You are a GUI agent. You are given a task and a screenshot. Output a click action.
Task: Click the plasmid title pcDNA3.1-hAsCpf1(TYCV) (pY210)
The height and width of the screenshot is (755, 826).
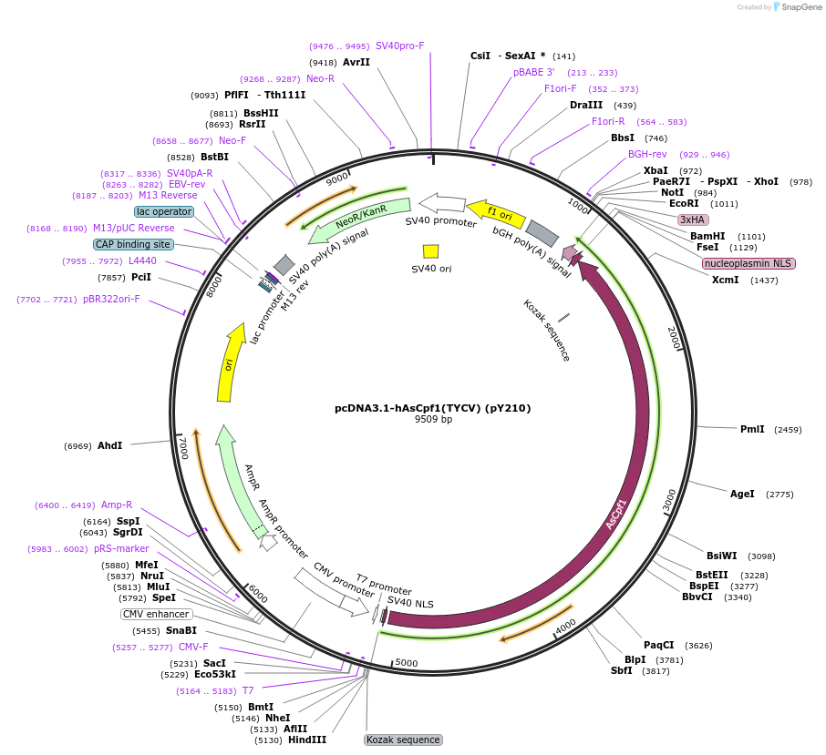pos(432,408)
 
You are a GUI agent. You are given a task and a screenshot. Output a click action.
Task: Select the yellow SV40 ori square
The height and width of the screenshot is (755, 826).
pos(431,250)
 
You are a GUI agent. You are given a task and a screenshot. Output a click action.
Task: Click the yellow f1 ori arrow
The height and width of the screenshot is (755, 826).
pos(496,214)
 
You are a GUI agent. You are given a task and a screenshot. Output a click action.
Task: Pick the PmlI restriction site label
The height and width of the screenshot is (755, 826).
pos(752,429)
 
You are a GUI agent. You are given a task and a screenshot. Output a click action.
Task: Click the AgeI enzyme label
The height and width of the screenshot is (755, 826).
pos(742,494)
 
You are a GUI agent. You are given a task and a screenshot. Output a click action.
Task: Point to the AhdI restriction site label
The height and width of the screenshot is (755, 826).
pos(109,445)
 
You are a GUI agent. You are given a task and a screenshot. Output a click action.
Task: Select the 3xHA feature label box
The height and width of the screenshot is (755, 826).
pos(692,219)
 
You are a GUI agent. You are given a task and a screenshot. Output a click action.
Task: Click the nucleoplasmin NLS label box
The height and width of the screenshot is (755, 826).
pos(749,263)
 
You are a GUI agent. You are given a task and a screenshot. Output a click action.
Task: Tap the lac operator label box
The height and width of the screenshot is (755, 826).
pos(164,211)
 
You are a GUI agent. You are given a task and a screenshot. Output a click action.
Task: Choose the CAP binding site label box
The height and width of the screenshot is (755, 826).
pos(132,244)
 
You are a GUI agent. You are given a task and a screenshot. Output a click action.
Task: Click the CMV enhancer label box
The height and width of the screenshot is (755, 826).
pos(156,614)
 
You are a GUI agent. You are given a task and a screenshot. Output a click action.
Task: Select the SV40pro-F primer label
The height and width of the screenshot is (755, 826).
pos(399,46)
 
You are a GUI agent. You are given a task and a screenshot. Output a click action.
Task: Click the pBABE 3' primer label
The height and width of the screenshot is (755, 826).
pos(533,72)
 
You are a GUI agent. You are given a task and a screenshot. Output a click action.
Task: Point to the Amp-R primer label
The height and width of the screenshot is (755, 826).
pos(117,505)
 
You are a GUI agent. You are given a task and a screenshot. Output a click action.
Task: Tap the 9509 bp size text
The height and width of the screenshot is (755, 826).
pos(433,420)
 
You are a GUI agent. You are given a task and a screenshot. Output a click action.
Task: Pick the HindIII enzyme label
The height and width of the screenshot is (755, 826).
pos(307,740)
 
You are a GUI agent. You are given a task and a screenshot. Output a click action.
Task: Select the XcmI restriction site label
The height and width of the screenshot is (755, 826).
pos(726,280)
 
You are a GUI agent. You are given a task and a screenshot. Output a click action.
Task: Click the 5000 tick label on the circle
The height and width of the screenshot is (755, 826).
pos(406,663)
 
